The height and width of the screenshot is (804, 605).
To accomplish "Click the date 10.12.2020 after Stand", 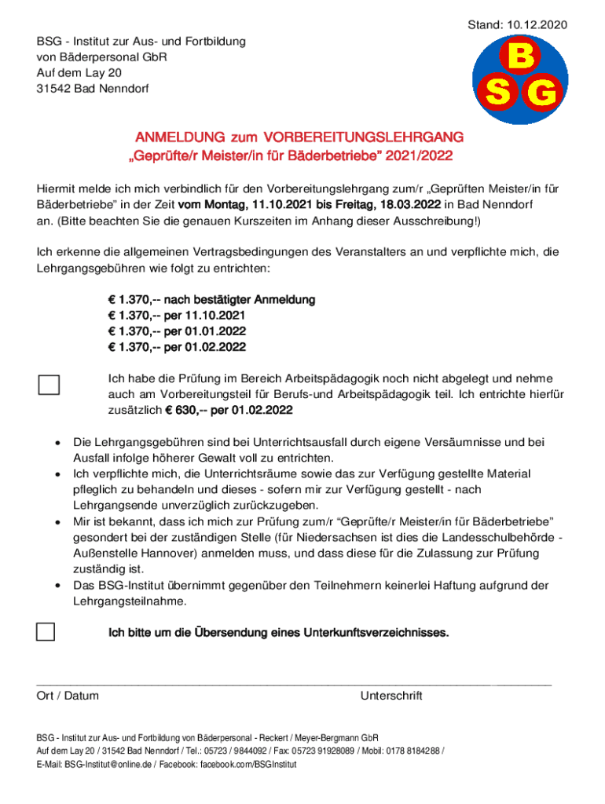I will click(x=539, y=25).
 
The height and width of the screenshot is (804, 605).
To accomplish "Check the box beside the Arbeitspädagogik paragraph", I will click(x=49, y=385).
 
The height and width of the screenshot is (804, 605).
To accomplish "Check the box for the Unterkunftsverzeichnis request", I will click(x=46, y=632).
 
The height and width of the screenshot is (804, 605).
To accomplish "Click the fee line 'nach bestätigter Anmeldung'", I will click(x=211, y=300).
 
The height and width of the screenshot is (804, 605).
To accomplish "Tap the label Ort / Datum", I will click(x=68, y=696).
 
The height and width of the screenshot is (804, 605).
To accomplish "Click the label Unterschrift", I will click(x=391, y=696).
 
